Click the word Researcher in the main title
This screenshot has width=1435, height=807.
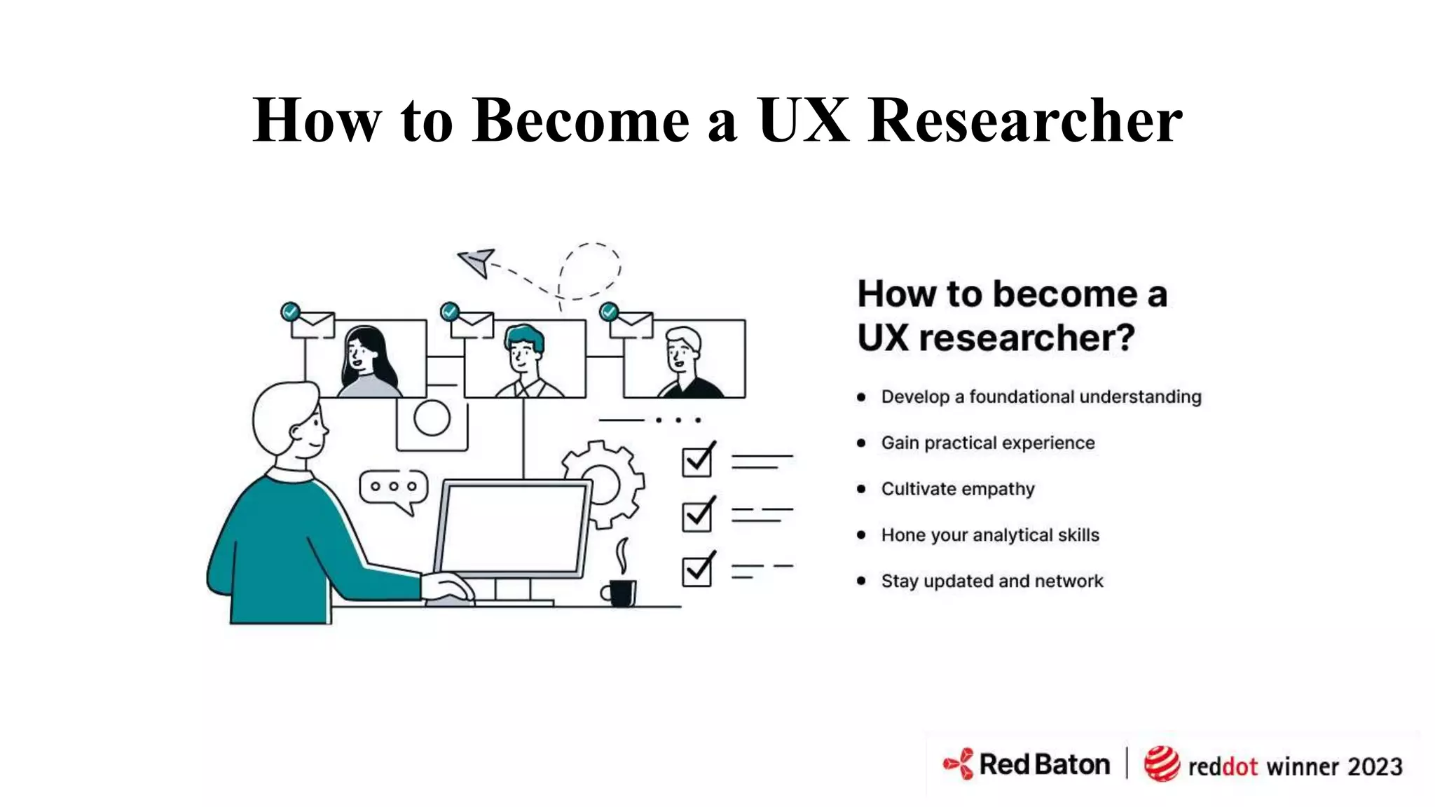1025,120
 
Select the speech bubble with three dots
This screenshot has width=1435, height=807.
393,488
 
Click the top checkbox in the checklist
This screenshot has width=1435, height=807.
697,461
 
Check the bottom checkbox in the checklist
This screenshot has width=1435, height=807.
697,570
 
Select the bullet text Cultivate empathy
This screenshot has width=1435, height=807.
957,489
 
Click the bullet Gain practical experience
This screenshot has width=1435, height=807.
987,443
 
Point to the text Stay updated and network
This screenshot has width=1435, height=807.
991,581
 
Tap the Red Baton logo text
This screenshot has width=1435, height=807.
1044,764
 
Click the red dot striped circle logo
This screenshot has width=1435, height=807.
1161,764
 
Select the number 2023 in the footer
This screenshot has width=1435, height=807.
1375,767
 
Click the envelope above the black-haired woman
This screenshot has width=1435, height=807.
313,325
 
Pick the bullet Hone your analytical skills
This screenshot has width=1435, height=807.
989,535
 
